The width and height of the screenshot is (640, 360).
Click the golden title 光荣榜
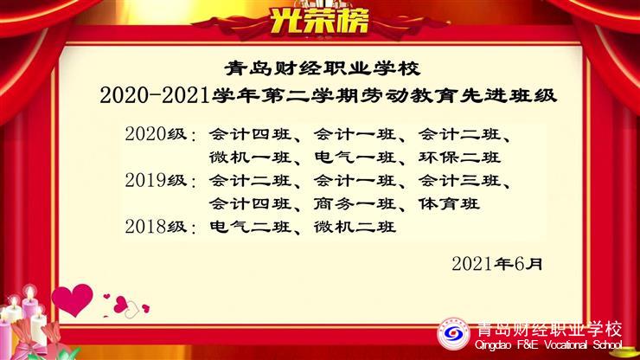click(x=319, y=21)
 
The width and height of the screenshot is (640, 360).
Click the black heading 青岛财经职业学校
click(x=323, y=68)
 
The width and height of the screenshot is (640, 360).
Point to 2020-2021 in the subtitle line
click(x=155, y=96)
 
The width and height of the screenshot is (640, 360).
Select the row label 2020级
click(x=156, y=134)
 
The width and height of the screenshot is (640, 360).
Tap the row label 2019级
click(x=156, y=180)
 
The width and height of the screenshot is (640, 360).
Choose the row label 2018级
click(x=156, y=227)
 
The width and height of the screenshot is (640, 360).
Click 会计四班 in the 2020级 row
click(x=250, y=134)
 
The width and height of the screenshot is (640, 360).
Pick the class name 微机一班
click(x=250, y=157)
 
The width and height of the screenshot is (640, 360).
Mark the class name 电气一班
click(x=355, y=157)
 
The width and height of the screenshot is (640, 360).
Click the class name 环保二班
click(x=459, y=157)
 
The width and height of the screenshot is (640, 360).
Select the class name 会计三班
click(x=459, y=180)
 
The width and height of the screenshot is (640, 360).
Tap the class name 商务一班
click(x=355, y=203)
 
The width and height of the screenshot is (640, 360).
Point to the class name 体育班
click(x=449, y=203)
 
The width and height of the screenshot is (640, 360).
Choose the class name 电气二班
click(x=250, y=227)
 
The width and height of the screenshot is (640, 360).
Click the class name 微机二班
click(x=355, y=227)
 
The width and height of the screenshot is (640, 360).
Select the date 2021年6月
click(x=497, y=264)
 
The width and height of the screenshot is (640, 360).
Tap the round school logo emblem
click(x=453, y=334)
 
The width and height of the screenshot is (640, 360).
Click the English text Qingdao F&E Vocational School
click(x=548, y=345)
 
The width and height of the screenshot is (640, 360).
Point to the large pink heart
click(x=73, y=299)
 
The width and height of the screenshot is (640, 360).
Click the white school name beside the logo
click(x=549, y=329)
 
